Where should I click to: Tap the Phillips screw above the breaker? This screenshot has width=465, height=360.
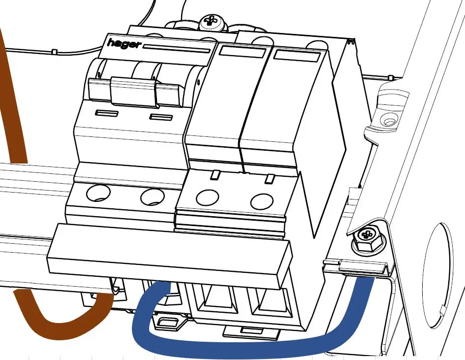(x=212, y=21)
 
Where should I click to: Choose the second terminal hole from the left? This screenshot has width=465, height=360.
(x=152, y=197)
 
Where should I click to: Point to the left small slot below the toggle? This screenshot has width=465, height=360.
(x=106, y=113)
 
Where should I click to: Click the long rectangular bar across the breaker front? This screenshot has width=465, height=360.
(x=170, y=256)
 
